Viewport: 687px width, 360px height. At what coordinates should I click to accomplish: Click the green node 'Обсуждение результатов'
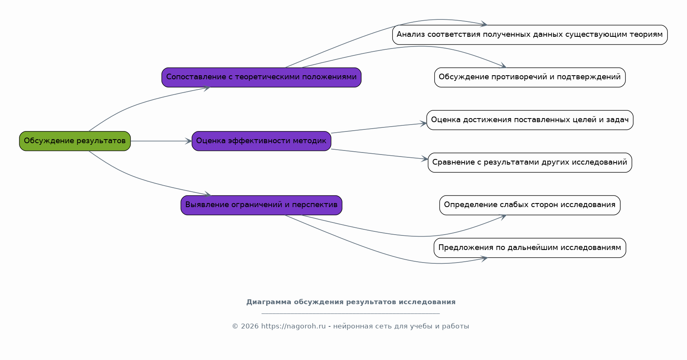click(75, 141)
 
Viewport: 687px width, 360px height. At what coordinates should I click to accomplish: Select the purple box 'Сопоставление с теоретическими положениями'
click(261, 77)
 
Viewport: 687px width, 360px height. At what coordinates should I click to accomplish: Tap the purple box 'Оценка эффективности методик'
click(261, 141)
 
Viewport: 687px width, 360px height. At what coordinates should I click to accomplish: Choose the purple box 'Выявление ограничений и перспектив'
click(261, 205)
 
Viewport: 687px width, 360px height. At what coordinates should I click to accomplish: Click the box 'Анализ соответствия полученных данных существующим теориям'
click(530, 35)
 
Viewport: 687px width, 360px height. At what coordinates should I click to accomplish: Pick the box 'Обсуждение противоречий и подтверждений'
click(530, 77)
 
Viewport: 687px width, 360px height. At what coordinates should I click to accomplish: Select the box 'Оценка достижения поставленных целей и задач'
click(530, 120)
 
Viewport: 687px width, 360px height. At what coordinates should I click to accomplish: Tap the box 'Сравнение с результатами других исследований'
click(530, 163)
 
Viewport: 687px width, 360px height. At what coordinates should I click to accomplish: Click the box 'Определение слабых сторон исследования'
click(530, 205)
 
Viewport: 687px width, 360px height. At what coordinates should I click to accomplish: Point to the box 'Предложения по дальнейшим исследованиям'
click(530, 248)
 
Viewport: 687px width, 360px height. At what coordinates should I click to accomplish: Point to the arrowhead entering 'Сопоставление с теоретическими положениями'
click(207, 89)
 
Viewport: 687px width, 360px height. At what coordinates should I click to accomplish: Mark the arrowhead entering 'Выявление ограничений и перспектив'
click(208, 194)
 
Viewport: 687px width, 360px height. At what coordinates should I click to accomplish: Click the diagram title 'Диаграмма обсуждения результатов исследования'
click(351, 302)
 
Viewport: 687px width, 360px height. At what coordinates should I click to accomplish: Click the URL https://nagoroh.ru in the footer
click(293, 326)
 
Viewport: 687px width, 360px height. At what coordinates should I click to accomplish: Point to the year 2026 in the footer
click(249, 326)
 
